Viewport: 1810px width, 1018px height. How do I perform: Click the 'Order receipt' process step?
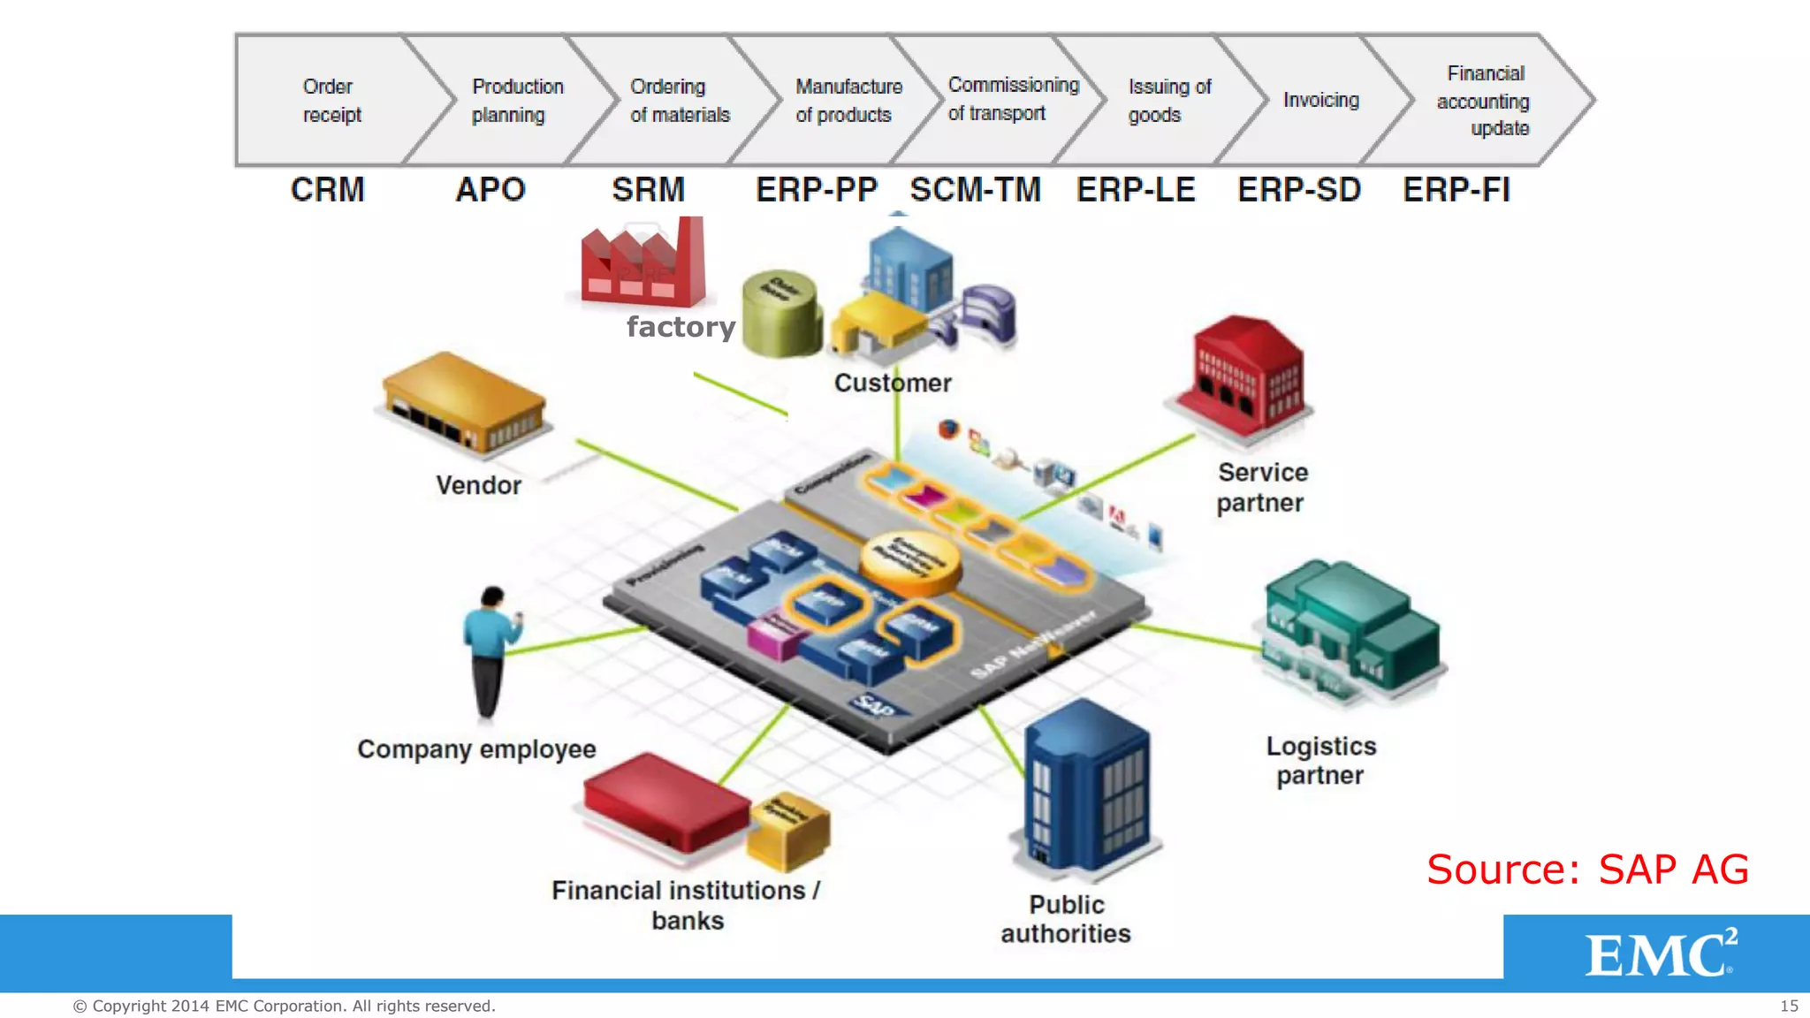331,101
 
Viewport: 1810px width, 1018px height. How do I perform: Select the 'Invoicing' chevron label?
1320,100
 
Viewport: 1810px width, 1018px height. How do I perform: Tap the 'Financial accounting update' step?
1485,101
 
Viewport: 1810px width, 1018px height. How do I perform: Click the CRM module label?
327,190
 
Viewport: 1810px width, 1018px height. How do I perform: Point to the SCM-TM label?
975,190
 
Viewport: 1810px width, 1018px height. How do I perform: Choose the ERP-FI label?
1456,190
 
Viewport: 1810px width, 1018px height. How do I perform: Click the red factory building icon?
643,263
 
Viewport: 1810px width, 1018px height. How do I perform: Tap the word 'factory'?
681,327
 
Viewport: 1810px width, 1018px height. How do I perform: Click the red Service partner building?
1246,376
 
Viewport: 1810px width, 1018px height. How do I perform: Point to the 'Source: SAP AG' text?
1587,870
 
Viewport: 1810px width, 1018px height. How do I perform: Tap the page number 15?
1788,1006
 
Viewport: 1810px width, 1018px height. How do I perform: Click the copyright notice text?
284,1006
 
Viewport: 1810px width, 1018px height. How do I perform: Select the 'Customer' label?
893,384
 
